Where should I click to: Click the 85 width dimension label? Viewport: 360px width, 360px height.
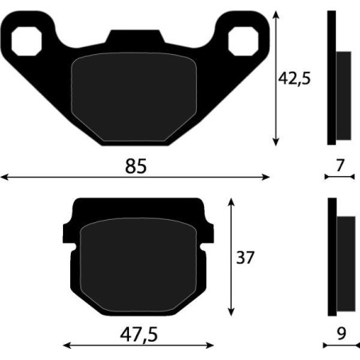[x=136, y=166]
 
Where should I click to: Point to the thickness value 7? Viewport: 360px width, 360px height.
[x=340, y=166]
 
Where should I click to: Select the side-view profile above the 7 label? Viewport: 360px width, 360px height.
[x=338, y=80]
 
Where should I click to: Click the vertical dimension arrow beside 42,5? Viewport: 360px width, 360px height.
[x=276, y=80]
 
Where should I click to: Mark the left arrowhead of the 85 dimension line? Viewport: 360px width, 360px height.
[x=4, y=177]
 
